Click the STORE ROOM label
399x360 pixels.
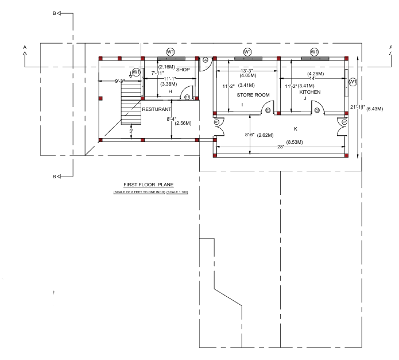click(253, 95)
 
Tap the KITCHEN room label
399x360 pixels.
click(309, 92)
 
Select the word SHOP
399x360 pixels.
click(183, 70)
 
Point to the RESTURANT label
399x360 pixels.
click(157, 109)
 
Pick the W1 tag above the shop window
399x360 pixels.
click(171, 52)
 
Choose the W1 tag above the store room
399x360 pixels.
click(247, 52)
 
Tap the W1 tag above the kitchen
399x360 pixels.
click(314, 52)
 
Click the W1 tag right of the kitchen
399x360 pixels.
click(353, 82)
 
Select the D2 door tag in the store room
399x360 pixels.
click(268, 110)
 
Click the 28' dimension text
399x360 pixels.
click(281, 147)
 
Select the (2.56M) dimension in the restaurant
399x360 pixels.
click(183, 123)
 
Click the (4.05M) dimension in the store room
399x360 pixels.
click(249, 74)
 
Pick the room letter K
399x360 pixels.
click(295, 129)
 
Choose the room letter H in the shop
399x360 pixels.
click(170, 92)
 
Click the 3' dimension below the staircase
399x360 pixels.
click(131, 132)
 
